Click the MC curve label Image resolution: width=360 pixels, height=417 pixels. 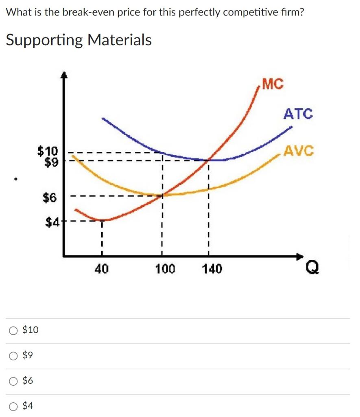click(x=273, y=84)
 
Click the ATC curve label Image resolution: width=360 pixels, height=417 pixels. click(x=298, y=114)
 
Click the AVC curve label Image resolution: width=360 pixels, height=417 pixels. click(x=299, y=151)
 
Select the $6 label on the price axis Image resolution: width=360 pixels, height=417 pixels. click(x=50, y=198)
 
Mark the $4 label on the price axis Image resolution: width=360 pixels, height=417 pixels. click(x=52, y=222)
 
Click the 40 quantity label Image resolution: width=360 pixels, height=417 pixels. click(x=101, y=269)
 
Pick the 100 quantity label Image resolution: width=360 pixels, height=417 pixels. click(x=165, y=269)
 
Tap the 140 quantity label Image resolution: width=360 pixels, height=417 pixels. click(x=212, y=269)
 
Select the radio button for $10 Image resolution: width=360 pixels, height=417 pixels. click(x=13, y=330)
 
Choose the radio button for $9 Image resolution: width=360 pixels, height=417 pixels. click(x=13, y=356)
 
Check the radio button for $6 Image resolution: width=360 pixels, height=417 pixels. click(x=13, y=381)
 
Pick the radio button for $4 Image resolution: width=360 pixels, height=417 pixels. click(x=13, y=406)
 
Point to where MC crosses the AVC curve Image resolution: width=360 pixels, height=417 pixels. click(x=163, y=195)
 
